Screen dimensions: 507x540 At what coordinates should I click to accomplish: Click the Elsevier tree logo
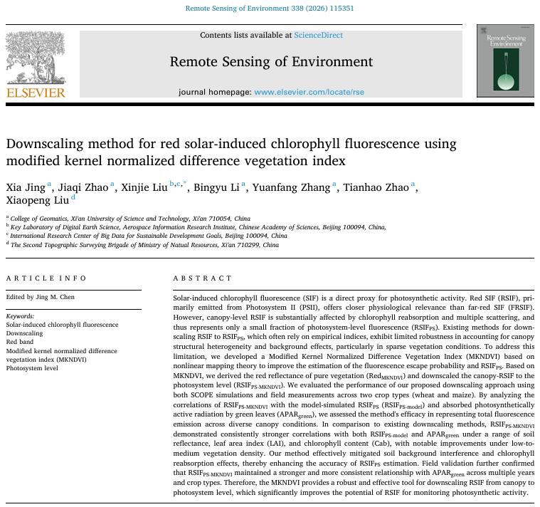click(x=35, y=58)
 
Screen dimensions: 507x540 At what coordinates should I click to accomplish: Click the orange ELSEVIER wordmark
click(x=36, y=93)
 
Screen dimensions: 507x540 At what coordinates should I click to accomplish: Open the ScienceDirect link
click(x=318, y=35)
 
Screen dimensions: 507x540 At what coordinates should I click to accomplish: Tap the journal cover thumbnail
click(x=505, y=61)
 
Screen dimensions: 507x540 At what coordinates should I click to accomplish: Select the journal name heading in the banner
click(x=271, y=62)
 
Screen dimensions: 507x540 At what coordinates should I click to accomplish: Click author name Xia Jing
click(x=26, y=188)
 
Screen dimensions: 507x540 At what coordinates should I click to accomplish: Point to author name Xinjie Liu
click(x=144, y=188)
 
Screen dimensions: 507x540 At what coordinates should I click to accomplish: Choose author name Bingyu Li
click(x=216, y=188)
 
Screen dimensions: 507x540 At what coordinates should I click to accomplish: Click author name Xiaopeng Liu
click(x=37, y=201)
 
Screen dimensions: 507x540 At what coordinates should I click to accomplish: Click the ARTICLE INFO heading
click(x=46, y=278)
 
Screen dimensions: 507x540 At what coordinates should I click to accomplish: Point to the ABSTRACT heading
click(x=203, y=278)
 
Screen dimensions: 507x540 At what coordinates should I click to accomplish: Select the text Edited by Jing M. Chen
click(x=41, y=297)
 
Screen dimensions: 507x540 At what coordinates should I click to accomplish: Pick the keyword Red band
click(x=21, y=342)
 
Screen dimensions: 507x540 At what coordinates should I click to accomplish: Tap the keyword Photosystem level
click(x=32, y=368)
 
